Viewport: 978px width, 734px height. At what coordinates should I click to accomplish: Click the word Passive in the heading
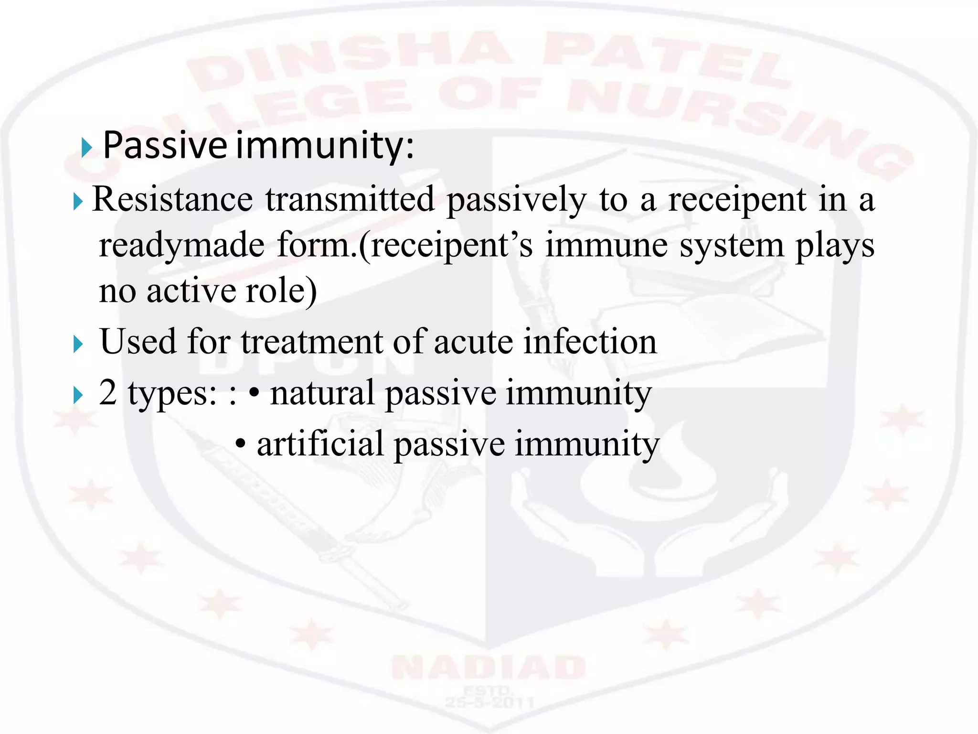click(165, 145)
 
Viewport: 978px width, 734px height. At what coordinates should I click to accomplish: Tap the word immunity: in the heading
click(325, 145)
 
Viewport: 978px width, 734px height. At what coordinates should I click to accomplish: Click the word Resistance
click(172, 199)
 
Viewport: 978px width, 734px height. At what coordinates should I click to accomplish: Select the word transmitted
click(350, 199)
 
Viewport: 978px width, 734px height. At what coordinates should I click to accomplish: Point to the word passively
click(516, 200)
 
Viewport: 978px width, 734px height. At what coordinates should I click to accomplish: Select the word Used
click(138, 342)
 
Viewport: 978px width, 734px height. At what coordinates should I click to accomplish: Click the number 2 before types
click(108, 393)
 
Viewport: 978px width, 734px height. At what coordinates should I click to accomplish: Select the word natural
click(322, 393)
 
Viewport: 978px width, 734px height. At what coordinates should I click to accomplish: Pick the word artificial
click(320, 444)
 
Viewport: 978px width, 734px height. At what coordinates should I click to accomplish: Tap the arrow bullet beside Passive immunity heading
click(86, 148)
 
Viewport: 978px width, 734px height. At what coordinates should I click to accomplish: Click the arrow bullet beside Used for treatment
click(78, 345)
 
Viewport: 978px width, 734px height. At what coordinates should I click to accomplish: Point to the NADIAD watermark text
click(489, 668)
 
